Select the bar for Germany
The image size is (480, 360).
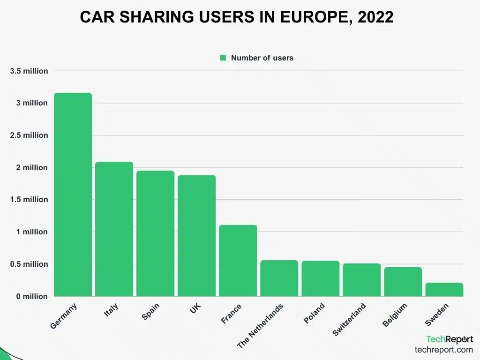coord(73,195)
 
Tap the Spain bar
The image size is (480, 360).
coord(155,233)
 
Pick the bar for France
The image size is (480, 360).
coord(238,261)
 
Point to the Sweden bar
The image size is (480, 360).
coord(444,290)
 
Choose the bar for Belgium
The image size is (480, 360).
coord(403,282)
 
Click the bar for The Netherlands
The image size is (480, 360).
coord(279,278)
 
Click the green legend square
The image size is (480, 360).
coord(223,58)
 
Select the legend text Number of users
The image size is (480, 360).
coord(262,58)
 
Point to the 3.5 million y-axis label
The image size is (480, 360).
coord(29,71)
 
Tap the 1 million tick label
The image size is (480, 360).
coord(32,232)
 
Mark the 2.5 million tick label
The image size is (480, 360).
coord(29,135)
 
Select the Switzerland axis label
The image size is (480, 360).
coord(349,319)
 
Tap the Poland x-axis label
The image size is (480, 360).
coord(315,313)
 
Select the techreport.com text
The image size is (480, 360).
coord(443,350)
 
